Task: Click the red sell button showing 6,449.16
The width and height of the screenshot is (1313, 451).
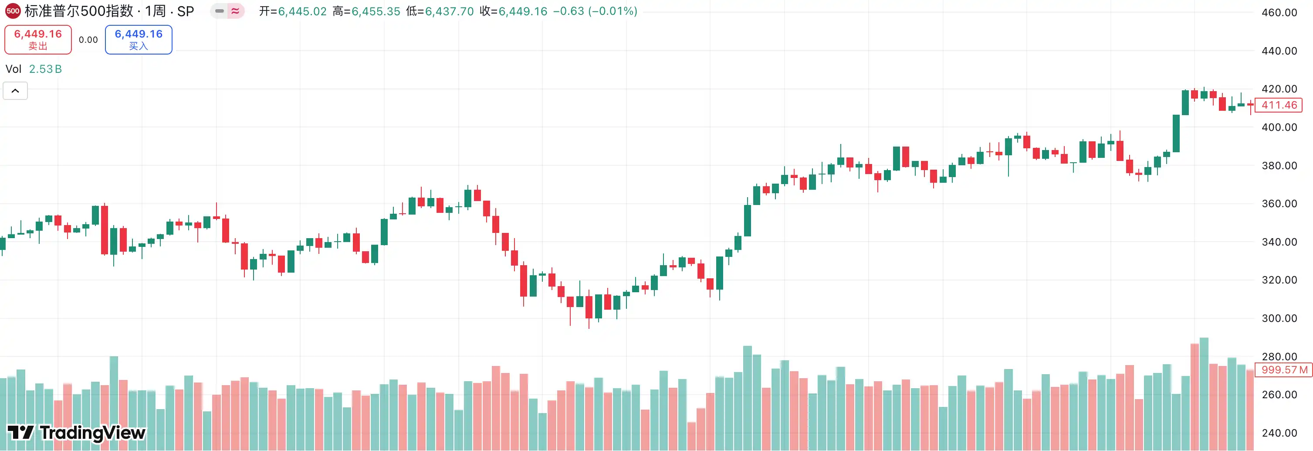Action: pos(38,39)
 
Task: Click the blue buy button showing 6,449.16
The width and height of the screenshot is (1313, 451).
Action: pos(138,39)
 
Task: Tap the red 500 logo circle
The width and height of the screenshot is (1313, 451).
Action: pos(12,11)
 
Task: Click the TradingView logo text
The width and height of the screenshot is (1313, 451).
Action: pos(77,433)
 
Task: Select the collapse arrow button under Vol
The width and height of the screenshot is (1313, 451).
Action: pos(15,91)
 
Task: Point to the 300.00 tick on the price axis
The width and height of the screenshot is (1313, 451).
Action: pos(1279,318)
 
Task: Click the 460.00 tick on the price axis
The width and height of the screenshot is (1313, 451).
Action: pos(1279,12)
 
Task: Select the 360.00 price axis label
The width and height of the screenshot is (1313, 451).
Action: pos(1279,204)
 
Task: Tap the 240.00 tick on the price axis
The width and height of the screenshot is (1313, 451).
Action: pos(1279,433)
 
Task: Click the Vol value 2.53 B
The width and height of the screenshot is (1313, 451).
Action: pos(45,69)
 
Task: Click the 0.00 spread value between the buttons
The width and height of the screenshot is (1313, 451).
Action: pos(88,40)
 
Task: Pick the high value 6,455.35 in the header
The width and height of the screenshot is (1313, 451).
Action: pos(376,11)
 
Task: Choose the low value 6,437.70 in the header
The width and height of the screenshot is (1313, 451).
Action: pos(449,11)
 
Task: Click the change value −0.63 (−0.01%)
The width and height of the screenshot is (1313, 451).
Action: pos(595,11)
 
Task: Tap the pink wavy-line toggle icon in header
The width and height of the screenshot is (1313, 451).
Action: pos(235,11)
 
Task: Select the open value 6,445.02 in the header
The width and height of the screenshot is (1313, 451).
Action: pos(302,11)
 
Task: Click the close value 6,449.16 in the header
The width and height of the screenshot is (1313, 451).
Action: pos(522,11)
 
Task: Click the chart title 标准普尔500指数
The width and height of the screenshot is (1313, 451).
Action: pos(79,11)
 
